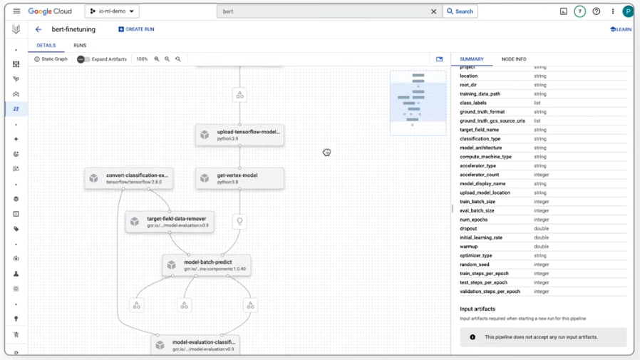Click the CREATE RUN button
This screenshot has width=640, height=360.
136,29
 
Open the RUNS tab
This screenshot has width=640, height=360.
80,46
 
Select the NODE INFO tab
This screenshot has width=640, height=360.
513,59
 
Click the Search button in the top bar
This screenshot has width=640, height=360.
460,11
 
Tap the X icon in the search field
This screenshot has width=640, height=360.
433,11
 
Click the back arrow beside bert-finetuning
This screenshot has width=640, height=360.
38,29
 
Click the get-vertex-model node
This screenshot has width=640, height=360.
239,178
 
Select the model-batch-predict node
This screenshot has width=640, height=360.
206,265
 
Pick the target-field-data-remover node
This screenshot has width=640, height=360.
170,222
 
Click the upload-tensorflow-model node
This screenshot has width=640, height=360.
239,135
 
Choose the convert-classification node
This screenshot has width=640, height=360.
129,178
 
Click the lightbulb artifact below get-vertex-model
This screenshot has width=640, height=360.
239,221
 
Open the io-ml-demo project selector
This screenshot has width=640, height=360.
112,11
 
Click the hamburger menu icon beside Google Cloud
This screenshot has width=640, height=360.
16,11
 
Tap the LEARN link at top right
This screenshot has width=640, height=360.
621,29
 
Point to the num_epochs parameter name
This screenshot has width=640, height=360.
473,220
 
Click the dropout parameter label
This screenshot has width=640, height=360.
469,229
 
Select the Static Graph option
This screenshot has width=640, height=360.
51,59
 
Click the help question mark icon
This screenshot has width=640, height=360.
597,11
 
